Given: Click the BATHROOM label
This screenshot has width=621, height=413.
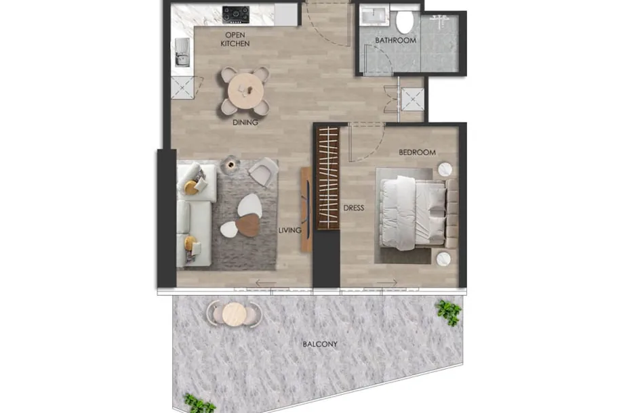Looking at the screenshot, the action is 395,41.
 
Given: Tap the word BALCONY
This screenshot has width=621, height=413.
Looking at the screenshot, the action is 320,344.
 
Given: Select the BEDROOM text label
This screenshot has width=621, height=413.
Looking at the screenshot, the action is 417,152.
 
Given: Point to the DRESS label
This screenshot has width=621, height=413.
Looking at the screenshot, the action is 354,208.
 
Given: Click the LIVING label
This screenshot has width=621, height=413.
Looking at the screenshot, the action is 289,230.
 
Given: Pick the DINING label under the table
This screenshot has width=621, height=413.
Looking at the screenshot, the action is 245,123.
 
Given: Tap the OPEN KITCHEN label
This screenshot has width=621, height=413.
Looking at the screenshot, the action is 235,39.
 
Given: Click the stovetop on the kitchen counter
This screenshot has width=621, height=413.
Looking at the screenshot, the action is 236,14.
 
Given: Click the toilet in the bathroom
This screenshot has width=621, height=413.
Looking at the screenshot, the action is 405,22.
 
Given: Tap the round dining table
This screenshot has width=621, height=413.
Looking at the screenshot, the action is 245,91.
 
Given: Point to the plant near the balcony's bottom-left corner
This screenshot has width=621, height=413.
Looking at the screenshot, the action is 199,404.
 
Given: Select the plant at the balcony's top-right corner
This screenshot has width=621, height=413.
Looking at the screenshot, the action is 449,312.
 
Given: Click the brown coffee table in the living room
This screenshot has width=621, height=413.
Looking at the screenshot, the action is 248,225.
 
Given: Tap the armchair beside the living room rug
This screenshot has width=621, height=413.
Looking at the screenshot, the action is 263,171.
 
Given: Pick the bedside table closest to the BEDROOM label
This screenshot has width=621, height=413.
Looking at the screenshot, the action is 445,170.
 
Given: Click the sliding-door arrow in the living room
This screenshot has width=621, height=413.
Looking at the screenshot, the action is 266,283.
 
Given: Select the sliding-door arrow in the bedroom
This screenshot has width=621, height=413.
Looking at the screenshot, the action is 387,282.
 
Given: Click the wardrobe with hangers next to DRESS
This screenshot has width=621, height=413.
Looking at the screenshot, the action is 328,178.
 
